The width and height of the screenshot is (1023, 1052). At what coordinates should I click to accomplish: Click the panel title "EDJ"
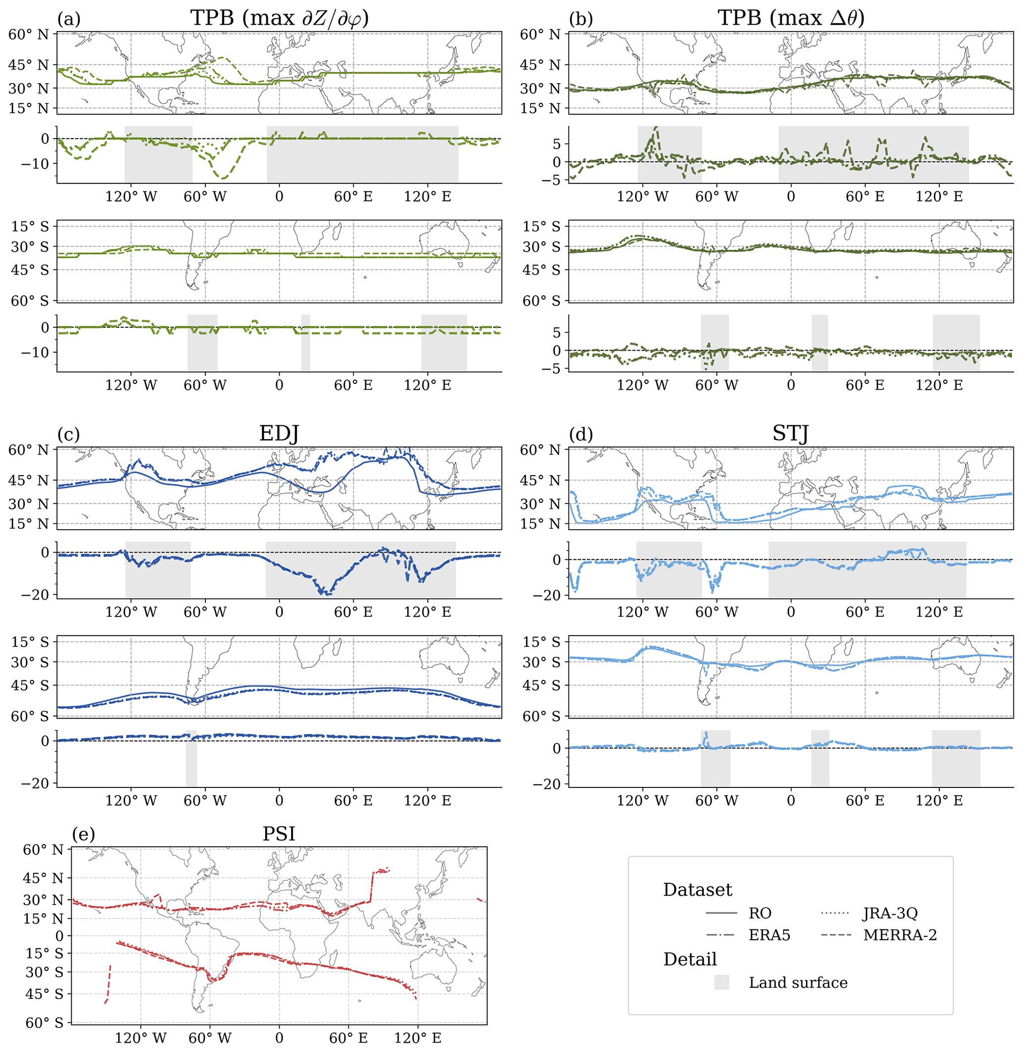coord(279,433)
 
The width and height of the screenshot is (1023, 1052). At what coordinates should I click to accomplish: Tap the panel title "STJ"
coord(790,433)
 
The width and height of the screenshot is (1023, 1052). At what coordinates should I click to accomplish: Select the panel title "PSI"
coord(279,834)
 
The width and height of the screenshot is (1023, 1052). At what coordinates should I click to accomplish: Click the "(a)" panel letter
coord(69,19)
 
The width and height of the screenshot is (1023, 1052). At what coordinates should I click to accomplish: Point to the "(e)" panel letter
coord(83,834)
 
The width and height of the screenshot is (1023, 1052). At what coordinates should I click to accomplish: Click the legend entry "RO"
coord(760,913)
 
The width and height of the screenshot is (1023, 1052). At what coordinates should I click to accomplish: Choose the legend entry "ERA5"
coord(770,935)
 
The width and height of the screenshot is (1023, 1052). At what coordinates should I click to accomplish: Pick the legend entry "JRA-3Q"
coord(890,913)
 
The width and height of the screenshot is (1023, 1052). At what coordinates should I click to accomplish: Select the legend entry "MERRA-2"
coord(900,935)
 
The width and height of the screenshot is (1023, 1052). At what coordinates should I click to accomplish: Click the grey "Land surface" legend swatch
coord(722,982)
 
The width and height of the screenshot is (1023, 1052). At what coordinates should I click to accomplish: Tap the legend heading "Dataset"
coord(697,890)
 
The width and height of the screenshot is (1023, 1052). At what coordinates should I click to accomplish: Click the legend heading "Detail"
coord(690,959)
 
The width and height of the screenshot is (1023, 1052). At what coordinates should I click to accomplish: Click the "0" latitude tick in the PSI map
coord(59,935)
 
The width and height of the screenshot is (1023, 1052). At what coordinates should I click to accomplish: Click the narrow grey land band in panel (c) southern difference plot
coord(191,758)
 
